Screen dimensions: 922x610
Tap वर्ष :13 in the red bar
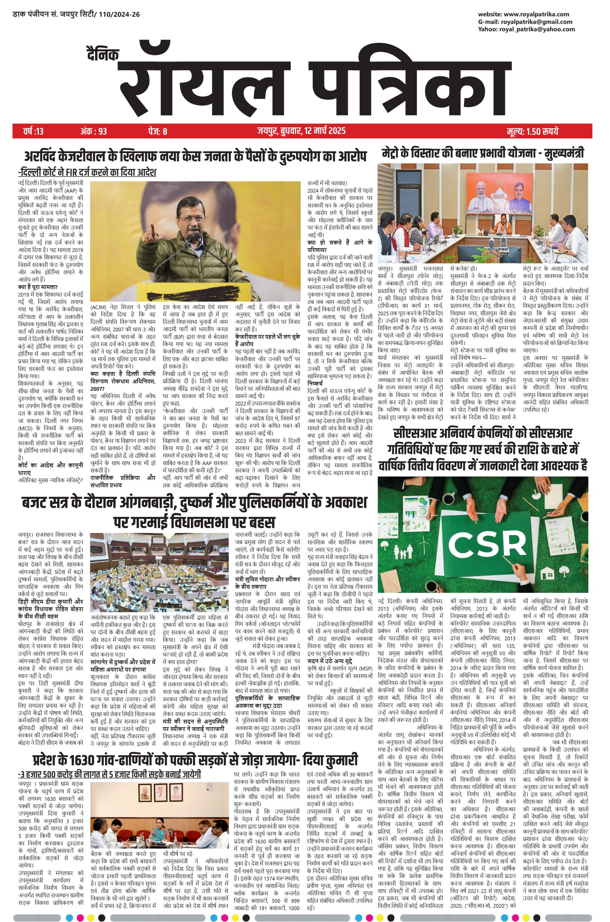tap(34, 131)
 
